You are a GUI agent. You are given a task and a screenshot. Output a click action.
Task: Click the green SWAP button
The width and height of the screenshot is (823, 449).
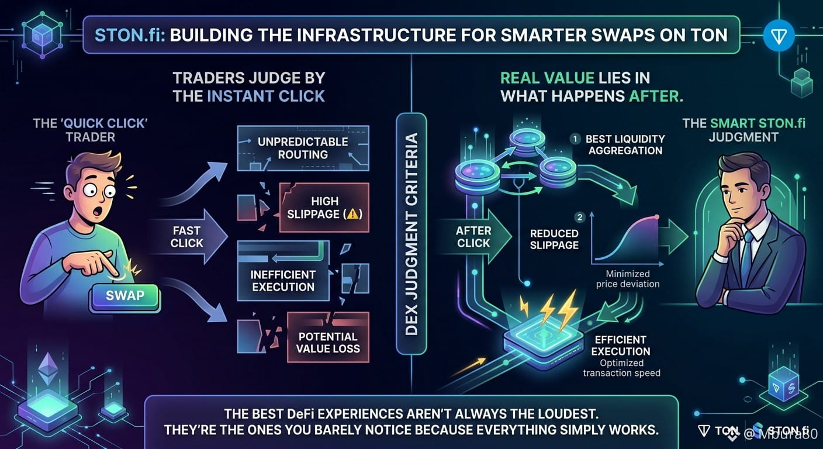(125, 296)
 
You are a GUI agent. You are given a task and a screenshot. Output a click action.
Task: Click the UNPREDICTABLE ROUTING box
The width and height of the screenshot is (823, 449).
(303, 148)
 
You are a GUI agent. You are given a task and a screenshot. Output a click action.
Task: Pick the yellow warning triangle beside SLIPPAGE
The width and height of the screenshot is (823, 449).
(352, 213)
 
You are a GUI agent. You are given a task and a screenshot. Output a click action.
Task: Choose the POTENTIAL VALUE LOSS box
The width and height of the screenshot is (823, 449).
(328, 337)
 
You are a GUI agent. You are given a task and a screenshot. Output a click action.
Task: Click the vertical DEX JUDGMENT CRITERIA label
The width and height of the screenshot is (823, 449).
(411, 234)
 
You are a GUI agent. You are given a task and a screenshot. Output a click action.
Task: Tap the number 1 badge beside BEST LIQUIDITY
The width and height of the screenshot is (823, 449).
(575, 139)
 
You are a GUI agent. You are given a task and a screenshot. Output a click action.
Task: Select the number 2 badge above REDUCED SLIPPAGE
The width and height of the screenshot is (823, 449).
(579, 217)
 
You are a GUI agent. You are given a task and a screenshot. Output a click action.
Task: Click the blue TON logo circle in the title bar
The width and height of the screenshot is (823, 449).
(778, 36)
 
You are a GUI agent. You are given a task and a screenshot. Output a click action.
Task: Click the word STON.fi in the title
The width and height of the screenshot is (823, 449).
(130, 35)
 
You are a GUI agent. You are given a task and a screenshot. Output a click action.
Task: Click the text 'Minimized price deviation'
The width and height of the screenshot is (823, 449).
(628, 279)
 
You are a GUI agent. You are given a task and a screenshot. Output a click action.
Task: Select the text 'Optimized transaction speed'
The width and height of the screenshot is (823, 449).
(622, 368)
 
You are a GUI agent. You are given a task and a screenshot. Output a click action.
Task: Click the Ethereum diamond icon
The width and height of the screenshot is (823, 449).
(48, 369)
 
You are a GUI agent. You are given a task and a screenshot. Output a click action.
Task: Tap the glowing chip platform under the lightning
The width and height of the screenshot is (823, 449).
(544, 344)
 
